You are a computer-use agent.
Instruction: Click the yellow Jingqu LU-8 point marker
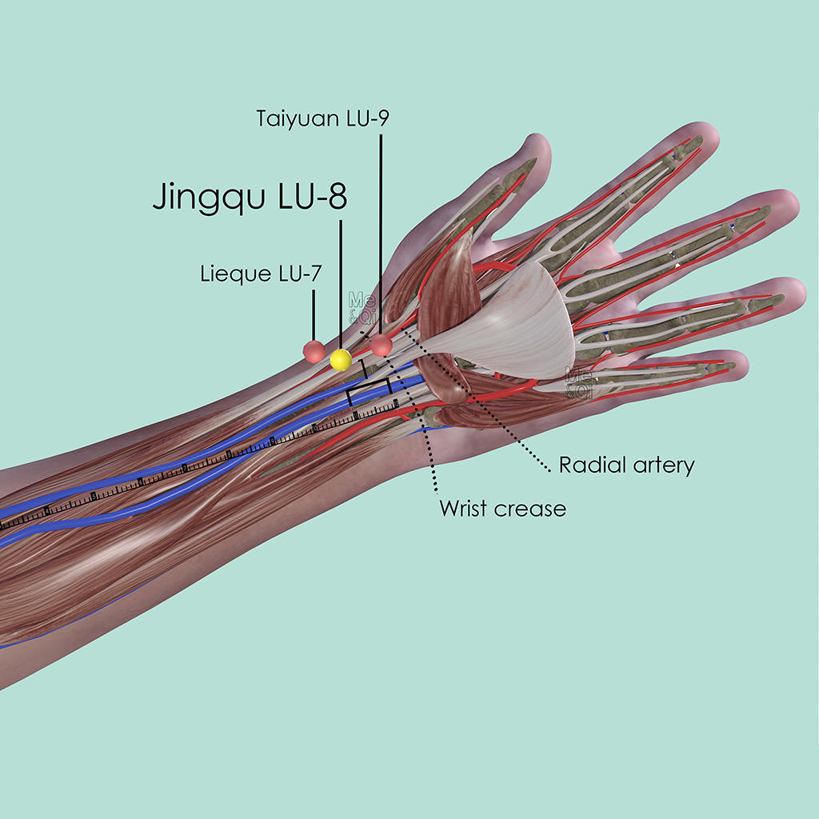tap(341, 360)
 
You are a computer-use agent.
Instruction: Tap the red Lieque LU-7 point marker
tap(314, 350)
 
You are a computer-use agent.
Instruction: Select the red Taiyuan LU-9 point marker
tap(381, 345)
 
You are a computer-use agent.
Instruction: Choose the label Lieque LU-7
tap(261, 274)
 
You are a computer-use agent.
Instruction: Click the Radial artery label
tap(626, 465)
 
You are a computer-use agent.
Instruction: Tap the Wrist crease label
tap(502, 508)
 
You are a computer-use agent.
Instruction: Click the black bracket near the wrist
tap(369, 389)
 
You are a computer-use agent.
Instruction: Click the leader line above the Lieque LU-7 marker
tap(314, 315)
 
